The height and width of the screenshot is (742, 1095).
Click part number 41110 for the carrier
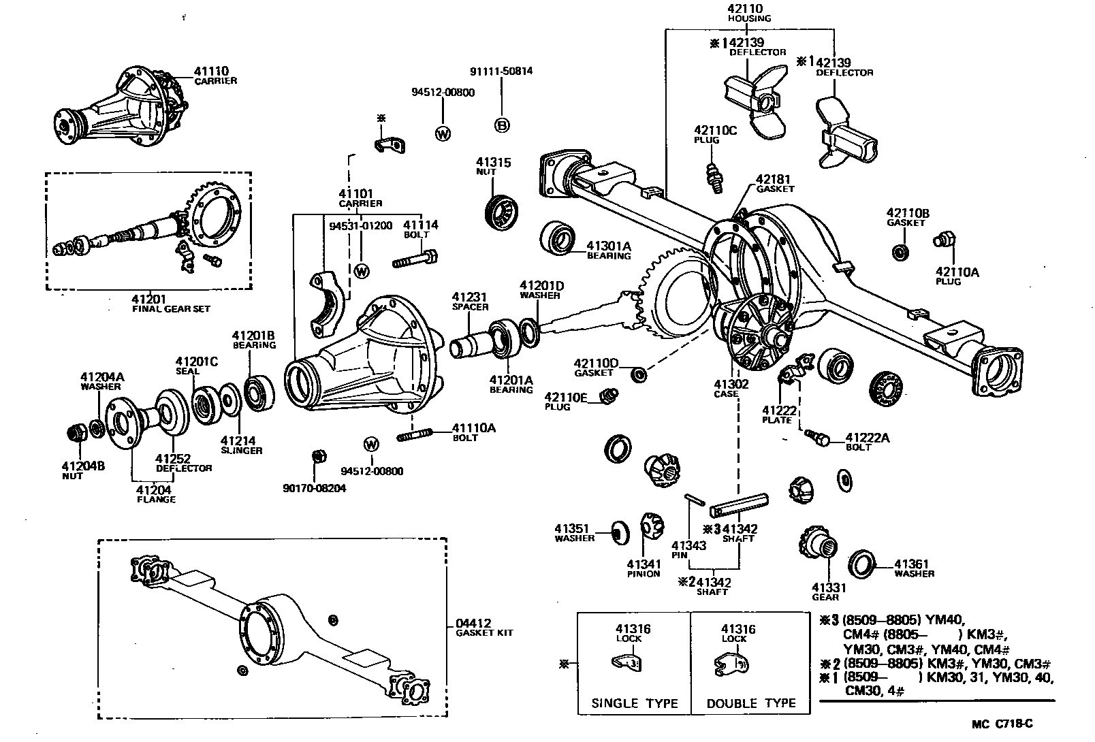(211, 71)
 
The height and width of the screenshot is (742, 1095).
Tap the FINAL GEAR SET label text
(171, 309)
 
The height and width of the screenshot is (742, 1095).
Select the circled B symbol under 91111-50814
(502, 126)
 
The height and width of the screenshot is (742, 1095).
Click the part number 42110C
(715, 130)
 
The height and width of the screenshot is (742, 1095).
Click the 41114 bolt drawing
(415, 259)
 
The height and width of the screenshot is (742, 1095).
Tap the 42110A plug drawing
(944, 240)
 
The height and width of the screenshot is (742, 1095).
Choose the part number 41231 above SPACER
(469, 297)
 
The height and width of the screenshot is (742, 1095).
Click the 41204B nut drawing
(77, 432)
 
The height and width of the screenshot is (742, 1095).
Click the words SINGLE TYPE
(635, 703)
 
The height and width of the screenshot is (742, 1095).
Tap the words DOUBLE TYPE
(751, 703)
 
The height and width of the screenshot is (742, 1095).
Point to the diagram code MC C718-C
(1002, 724)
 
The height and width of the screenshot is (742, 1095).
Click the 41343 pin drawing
(695, 499)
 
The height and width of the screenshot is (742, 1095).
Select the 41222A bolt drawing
(817, 437)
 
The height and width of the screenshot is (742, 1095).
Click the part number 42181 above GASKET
(773, 180)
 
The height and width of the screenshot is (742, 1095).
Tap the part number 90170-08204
(315, 488)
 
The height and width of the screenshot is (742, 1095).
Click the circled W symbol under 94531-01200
(361, 271)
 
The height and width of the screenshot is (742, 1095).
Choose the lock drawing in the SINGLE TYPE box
(626, 663)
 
